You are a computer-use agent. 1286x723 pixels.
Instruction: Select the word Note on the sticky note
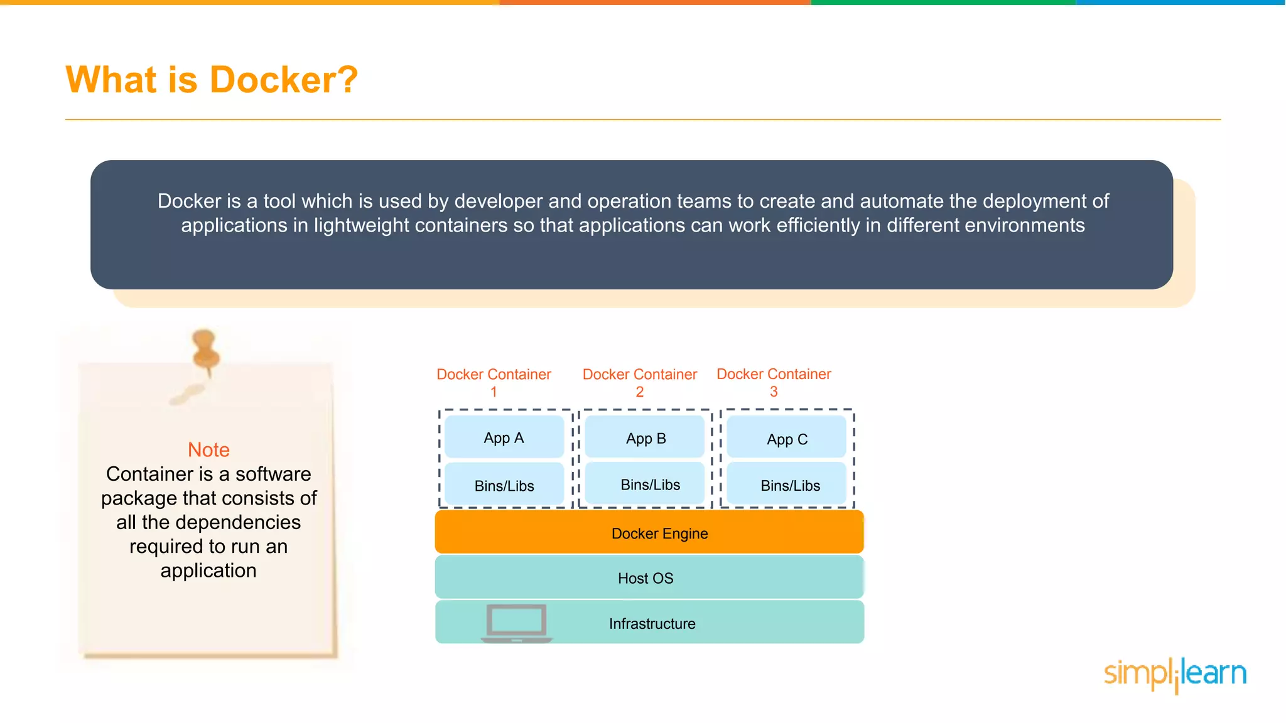(208, 450)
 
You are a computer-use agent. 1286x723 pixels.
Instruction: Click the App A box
(504, 437)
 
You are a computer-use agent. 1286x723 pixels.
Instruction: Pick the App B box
(645, 438)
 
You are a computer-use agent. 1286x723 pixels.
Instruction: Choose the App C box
(787, 439)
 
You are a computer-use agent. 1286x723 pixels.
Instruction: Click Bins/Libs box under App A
(504, 486)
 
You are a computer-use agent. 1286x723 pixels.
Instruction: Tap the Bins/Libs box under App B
(649, 485)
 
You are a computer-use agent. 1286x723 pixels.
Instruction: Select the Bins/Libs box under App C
(789, 485)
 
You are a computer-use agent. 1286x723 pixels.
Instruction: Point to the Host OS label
(645, 578)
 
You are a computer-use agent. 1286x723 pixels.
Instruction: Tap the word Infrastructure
(652, 624)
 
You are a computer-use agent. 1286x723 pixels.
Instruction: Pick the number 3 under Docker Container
(774, 392)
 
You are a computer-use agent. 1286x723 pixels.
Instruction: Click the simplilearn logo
(1174, 673)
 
